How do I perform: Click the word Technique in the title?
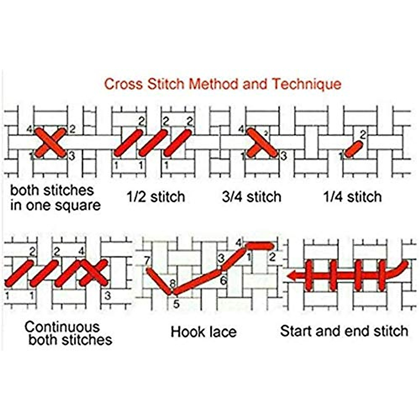307,84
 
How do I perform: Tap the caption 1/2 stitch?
156,197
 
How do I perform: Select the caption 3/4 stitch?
252,197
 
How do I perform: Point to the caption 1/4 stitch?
352,197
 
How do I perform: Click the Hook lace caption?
203,331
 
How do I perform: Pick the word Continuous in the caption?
62,327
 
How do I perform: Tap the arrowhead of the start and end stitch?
292,276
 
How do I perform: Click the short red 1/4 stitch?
353,149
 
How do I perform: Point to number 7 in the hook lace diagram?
147,261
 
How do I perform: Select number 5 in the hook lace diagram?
176,304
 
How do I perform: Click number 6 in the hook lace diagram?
223,280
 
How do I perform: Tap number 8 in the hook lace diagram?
172,283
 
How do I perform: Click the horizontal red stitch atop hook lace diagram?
260,246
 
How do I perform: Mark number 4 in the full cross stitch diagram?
30,130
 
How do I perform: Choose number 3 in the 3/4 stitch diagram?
283,156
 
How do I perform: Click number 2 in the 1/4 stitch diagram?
363,134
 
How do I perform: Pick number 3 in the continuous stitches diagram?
107,296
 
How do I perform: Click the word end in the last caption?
360,331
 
